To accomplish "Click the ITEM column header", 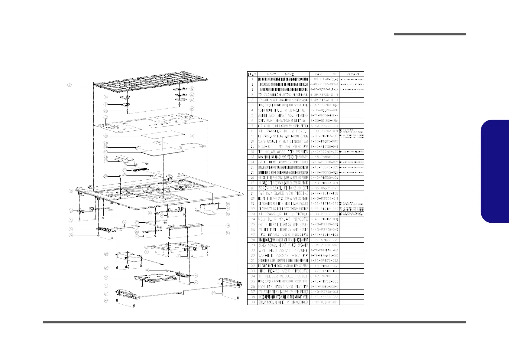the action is click(x=252, y=74).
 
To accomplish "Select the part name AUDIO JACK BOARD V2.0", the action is click(x=283, y=115).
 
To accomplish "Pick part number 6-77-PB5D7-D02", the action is click(x=324, y=193).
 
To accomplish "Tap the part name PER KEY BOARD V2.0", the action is click(x=283, y=193).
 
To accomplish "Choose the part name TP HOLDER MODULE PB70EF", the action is click(x=283, y=276).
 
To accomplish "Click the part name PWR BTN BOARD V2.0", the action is click(x=283, y=286).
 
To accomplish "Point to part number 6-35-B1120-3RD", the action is click(x=324, y=302).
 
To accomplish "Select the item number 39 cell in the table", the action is click(x=252, y=302).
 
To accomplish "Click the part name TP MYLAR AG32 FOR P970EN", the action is click(x=283, y=152).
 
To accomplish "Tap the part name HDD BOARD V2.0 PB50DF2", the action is click(x=283, y=271).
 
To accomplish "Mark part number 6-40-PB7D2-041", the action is click(x=324, y=146).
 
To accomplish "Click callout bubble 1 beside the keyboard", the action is click(x=70, y=85).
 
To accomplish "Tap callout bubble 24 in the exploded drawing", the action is click(x=192, y=109).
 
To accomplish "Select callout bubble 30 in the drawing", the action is click(x=106, y=277).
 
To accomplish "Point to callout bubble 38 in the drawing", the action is click(x=228, y=225).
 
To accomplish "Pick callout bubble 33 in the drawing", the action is click(x=196, y=275).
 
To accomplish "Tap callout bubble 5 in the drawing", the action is click(x=70, y=229).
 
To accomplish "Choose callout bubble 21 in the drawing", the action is click(x=192, y=88).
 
